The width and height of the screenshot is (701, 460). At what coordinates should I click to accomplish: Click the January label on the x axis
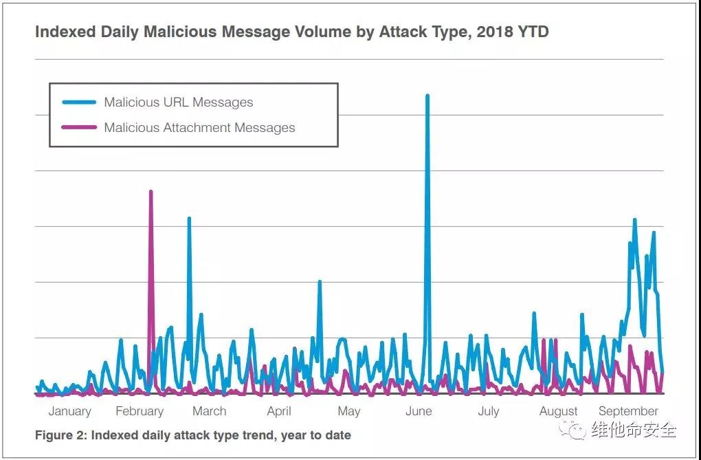(x=69, y=411)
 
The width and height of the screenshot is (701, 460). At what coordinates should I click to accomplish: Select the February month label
(x=140, y=411)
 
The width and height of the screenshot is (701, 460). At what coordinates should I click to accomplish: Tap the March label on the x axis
(x=209, y=411)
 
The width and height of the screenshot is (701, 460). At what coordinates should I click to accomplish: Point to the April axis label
(x=279, y=411)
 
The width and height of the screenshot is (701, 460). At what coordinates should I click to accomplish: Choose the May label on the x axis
(x=348, y=411)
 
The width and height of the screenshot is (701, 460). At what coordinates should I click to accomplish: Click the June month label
(x=419, y=411)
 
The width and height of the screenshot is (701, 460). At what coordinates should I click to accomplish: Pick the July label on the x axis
(x=488, y=411)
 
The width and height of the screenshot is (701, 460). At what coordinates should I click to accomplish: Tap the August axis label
(x=558, y=411)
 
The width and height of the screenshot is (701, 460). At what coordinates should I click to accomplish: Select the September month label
(x=628, y=411)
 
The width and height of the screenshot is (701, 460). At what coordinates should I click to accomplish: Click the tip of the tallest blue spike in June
(x=427, y=96)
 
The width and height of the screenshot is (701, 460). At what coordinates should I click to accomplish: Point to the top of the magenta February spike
(x=151, y=192)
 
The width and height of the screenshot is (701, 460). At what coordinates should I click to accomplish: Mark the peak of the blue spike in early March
(x=189, y=219)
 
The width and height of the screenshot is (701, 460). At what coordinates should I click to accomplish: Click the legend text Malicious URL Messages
(x=179, y=102)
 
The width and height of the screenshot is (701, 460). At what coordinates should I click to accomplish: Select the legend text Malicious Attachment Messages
(x=199, y=127)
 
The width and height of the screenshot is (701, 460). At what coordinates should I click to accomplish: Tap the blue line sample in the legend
(x=79, y=102)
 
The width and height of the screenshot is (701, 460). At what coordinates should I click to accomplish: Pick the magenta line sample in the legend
(x=79, y=127)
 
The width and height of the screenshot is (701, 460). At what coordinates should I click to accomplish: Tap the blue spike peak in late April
(x=320, y=281)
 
